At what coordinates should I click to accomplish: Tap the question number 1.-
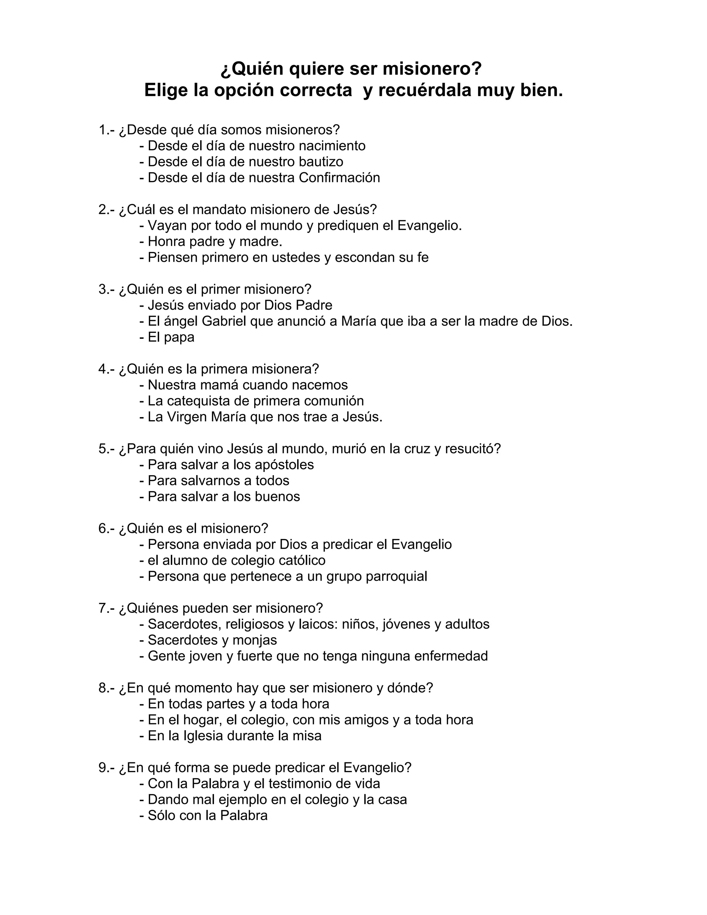coord(106,130)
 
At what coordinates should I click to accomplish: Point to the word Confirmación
coord(339,177)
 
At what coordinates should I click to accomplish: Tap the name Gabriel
coord(224,321)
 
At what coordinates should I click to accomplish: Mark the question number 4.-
coord(106,369)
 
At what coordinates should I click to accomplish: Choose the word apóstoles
coord(284,465)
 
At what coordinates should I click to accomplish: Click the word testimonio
coord(301,784)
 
